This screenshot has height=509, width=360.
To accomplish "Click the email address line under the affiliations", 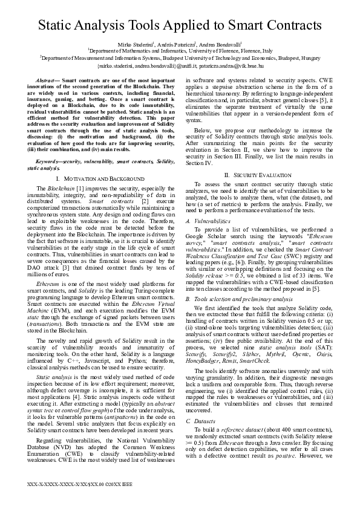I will pyautogui.click(x=180, y=65).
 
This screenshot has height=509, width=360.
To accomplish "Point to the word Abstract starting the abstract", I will pyautogui.click(x=47, y=80).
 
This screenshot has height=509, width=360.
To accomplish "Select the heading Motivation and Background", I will pyautogui.click(x=103, y=180).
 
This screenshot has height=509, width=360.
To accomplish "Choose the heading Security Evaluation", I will pyautogui.click(x=252, y=174).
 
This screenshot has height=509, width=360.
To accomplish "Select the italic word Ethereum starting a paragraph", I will pyautogui.click(x=48, y=266).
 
